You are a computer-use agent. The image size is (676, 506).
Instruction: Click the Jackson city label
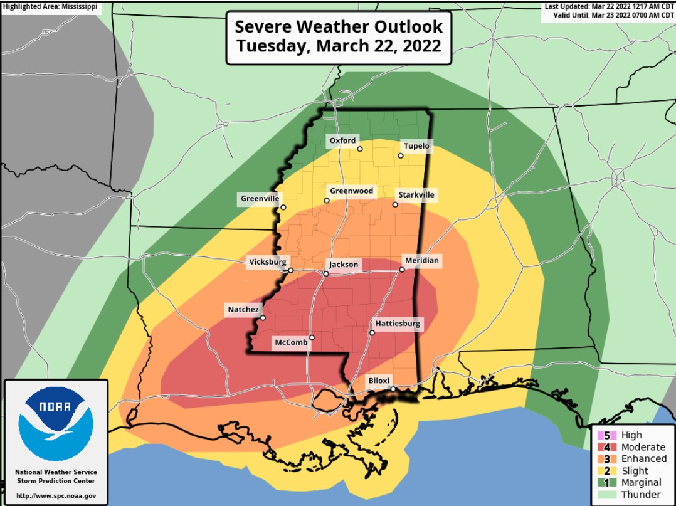click(344, 265)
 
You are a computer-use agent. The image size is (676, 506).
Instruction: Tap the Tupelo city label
click(416, 146)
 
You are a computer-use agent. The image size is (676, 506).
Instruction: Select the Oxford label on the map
click(342, 140)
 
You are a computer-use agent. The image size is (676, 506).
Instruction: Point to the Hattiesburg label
click(398, 324)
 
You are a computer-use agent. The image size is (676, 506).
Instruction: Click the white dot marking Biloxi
click(393, 389)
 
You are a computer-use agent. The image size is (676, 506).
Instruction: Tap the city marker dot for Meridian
click(402, 270)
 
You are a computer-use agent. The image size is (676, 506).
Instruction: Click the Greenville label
click(260, 199)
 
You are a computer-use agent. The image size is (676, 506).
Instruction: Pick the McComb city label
click(289, 342)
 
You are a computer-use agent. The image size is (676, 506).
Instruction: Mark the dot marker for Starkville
click(395, 204)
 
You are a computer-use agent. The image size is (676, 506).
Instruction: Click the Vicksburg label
click(268, 261)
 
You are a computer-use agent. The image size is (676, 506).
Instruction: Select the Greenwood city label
click(351, 191)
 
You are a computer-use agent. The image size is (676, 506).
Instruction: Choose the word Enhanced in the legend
click(643, 459)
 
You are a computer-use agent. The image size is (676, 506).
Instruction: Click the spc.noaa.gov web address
click(56, 496)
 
